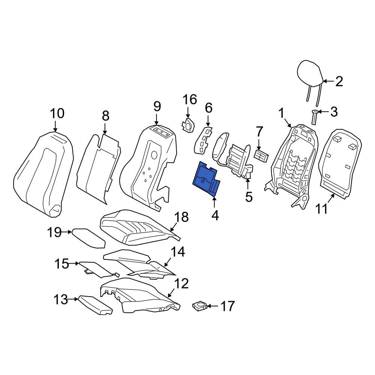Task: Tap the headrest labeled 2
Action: (310, 76)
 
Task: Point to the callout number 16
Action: (190, 99)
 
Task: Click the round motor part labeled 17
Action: (199, 306)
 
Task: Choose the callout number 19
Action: (54, 232)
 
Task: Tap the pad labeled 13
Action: (96, 304)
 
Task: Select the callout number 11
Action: (321, 208)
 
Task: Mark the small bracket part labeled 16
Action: (188, 124)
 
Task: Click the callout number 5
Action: (249, 197)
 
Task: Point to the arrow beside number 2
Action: (328, 81)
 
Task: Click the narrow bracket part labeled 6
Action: (203, 140)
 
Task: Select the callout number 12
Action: (181, 283)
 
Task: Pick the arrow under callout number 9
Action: (157, 119)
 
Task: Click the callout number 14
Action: (177, 252)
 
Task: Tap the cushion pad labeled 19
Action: (88, 238)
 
